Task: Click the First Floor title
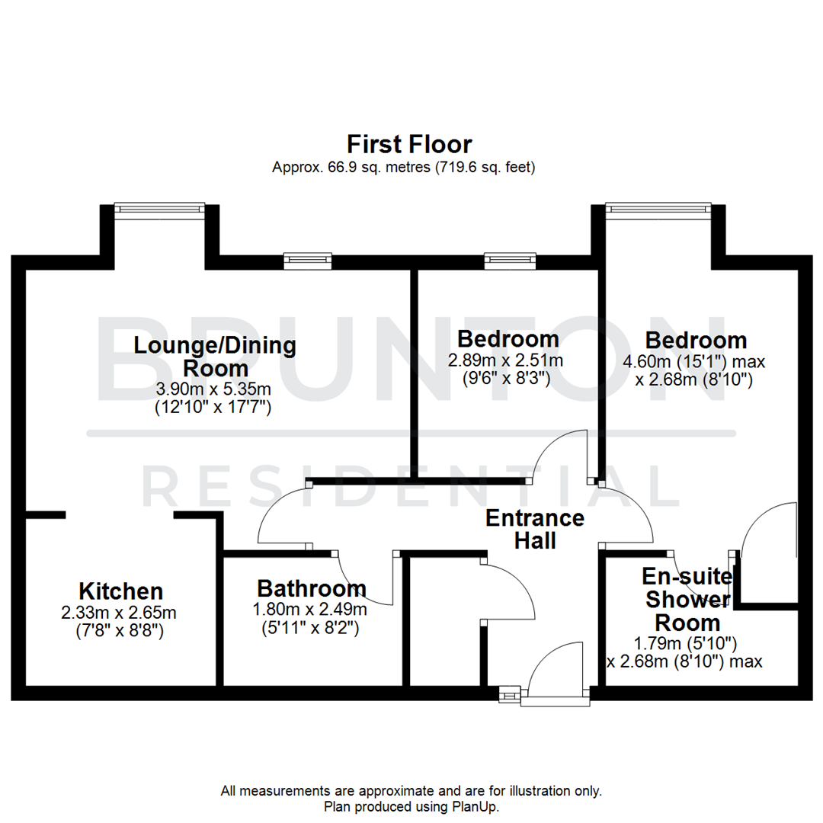tap(409, 144)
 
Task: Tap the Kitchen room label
tap(120, 591)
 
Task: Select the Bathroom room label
tap(311, 588)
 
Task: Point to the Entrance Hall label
tap(535, 529)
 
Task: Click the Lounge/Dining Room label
tap(215, 356)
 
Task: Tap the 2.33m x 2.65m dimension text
tap(120, 613)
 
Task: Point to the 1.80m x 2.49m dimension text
tap(311, 610)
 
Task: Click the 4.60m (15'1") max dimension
tap(695, 361)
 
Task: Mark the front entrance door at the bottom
tap(555, 671)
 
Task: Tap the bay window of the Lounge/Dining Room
tap(159, 208)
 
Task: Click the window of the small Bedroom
tap(510, 261)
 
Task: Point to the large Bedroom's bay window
tap(658, 208)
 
